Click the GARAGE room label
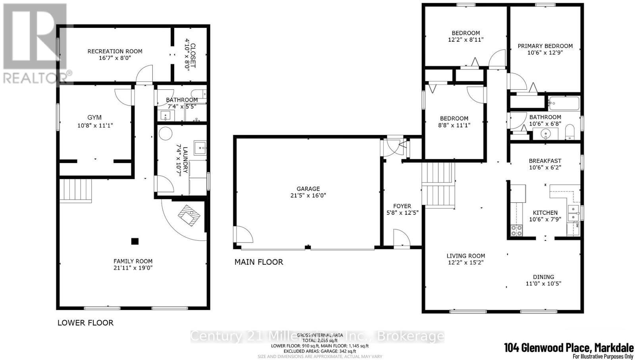[308, 189]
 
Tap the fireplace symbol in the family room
[189, 216]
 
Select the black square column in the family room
[135, 241]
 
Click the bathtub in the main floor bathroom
[564, 104]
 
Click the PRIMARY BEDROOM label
[545, 46]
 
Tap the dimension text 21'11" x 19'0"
[133, 268]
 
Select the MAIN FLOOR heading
[259, 262]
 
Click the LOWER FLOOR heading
[85, 323]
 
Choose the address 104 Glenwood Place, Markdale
[568, 348]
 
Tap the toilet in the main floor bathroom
[570, 132]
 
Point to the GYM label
[94, 117]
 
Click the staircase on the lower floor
[75, 191]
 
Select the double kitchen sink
[573, 213]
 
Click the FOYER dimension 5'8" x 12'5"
[402, 212]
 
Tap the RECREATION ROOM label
[115, 51]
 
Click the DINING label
[543, 277]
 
